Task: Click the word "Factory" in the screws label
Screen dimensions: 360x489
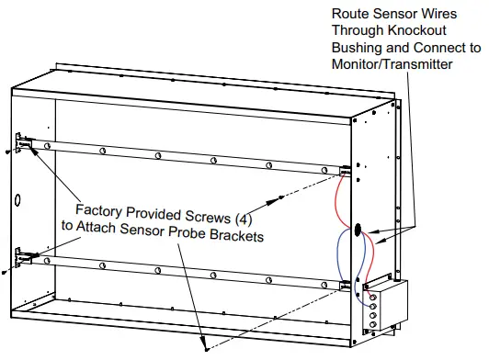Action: (101, 208)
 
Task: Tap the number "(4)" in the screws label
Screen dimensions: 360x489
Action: (238, 221)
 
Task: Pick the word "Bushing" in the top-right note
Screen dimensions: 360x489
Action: (359, 48)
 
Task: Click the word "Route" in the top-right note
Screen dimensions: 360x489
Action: (353, 14)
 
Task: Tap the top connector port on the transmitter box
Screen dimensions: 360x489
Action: (372, 296)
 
